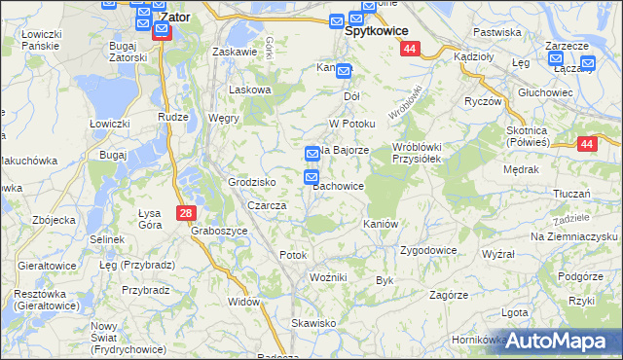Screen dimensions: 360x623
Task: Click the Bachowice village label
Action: [x=340, y=186]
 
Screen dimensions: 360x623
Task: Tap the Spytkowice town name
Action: [x=377, y=31]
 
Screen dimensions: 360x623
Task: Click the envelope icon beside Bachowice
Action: [x=312, y=177]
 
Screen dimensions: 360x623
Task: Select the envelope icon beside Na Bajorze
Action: [x=312, y=153]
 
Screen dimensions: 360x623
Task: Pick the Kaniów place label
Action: [x=381, y=224]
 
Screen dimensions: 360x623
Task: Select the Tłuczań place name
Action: [x=572, y=194]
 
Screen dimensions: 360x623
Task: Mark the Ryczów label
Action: [x=483, y=102]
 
